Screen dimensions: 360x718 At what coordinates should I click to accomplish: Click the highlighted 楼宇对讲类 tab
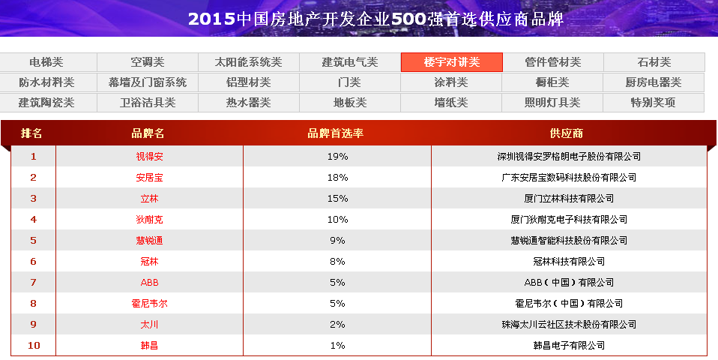pyautogui.click(x=451, y=62)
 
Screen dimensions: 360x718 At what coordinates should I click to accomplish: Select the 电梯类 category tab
pyautogui.click(x=46, y=62)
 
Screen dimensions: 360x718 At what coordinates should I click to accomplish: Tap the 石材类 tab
pyautogui.click(x=654, y=62)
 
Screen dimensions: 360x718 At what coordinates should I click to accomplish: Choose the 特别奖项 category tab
pyautogui.click(x=654, y=103)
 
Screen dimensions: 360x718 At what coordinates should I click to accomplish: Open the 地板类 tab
pyautogui.click(x=350, y=103)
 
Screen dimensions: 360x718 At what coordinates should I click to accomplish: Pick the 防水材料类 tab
pyautogui.click(x=46, y=82)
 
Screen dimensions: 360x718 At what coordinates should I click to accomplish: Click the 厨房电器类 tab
pyautogui.click(x=654, y=82)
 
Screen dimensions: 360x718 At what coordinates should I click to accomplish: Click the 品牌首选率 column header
pyautogui.click(x=336, y=133)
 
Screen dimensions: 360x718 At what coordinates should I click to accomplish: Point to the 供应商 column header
pyautogui.click(x=567, y=133)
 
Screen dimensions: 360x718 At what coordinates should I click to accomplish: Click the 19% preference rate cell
pyautogui.click(x=337, y=157)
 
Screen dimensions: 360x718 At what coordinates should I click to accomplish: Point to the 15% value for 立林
pyautogui.click(x=337, y=199)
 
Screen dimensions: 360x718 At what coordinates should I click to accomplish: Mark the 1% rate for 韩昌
pyautogui.click(x=337, y=346)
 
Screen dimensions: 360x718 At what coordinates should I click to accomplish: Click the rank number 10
pyautogui.click(x=33, y=346)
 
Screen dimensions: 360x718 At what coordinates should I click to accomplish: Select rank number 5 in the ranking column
pyautogui.click(x=33, y=241)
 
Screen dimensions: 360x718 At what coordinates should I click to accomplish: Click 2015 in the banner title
pyautogui.click(x=211, y=19)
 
